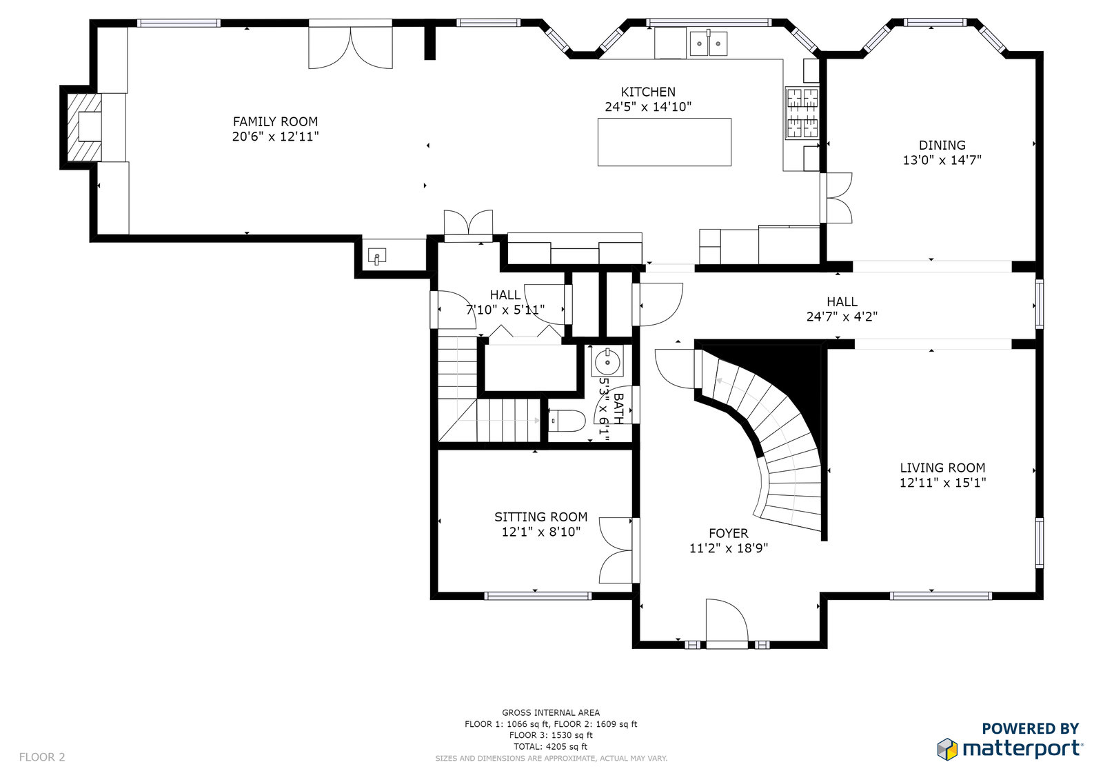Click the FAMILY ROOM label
pos(275,121)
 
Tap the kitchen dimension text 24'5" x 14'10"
pos(648,107)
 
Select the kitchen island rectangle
pos(665,142)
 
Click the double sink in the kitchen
pos(709,43)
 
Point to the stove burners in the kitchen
pos(802,113)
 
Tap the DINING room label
pos(942,146)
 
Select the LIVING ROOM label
pos(942,468)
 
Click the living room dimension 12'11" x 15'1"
pos(942,483)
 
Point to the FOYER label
pos(728,533)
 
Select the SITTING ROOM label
pos(540,517)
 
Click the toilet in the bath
pos(566,421)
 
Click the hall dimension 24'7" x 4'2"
pos(842,317)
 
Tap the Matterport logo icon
pos(947,749)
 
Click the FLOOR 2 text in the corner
pos(42,757)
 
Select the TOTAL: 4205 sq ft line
pos(551,746)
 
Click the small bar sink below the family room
pos(376,257)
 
